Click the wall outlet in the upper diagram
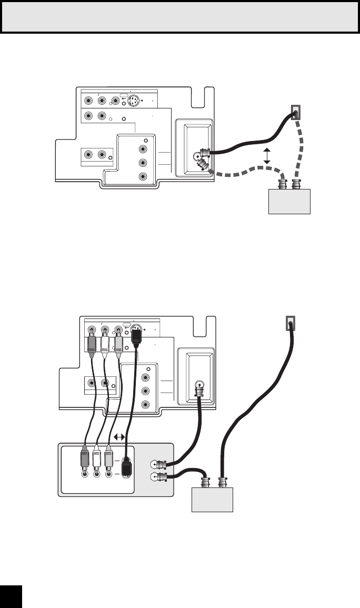coord(296,113)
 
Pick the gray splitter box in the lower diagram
coord(211,497)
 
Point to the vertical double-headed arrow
coord(267,156)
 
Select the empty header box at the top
coord(180,17)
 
